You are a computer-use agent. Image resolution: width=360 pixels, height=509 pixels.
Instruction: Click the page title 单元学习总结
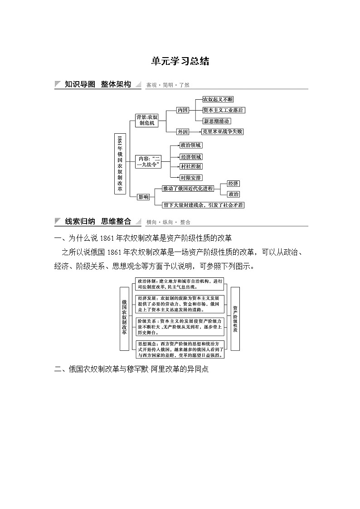coord(180,62)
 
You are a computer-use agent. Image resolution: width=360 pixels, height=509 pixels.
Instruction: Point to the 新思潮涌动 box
coord(216,121)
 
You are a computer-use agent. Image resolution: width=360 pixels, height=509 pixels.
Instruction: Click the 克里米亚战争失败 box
coord(223,131)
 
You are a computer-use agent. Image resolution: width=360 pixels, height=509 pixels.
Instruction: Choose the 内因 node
coord(183,110)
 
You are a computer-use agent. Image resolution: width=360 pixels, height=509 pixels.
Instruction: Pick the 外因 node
coord(183,131)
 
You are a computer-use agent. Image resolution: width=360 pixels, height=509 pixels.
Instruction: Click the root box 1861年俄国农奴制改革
coord(120,164)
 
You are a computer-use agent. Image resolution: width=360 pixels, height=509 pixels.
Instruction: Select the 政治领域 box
coord(190,145)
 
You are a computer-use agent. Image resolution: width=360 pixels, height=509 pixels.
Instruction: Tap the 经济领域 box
coord(190,156)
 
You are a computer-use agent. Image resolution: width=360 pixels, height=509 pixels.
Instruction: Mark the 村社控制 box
coord(190,167)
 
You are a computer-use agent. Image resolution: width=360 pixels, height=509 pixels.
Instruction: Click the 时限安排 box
coord(190,178)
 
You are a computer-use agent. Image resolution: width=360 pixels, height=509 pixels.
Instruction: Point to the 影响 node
coord(143,196)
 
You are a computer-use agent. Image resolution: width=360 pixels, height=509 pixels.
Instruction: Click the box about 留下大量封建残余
coord(204,205)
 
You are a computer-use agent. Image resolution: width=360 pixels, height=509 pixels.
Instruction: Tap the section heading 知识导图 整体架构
coord(97,84)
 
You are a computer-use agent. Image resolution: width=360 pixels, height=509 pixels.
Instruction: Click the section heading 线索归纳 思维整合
coord(97,222)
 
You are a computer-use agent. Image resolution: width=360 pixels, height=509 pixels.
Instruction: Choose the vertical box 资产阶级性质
coord(235,319)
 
